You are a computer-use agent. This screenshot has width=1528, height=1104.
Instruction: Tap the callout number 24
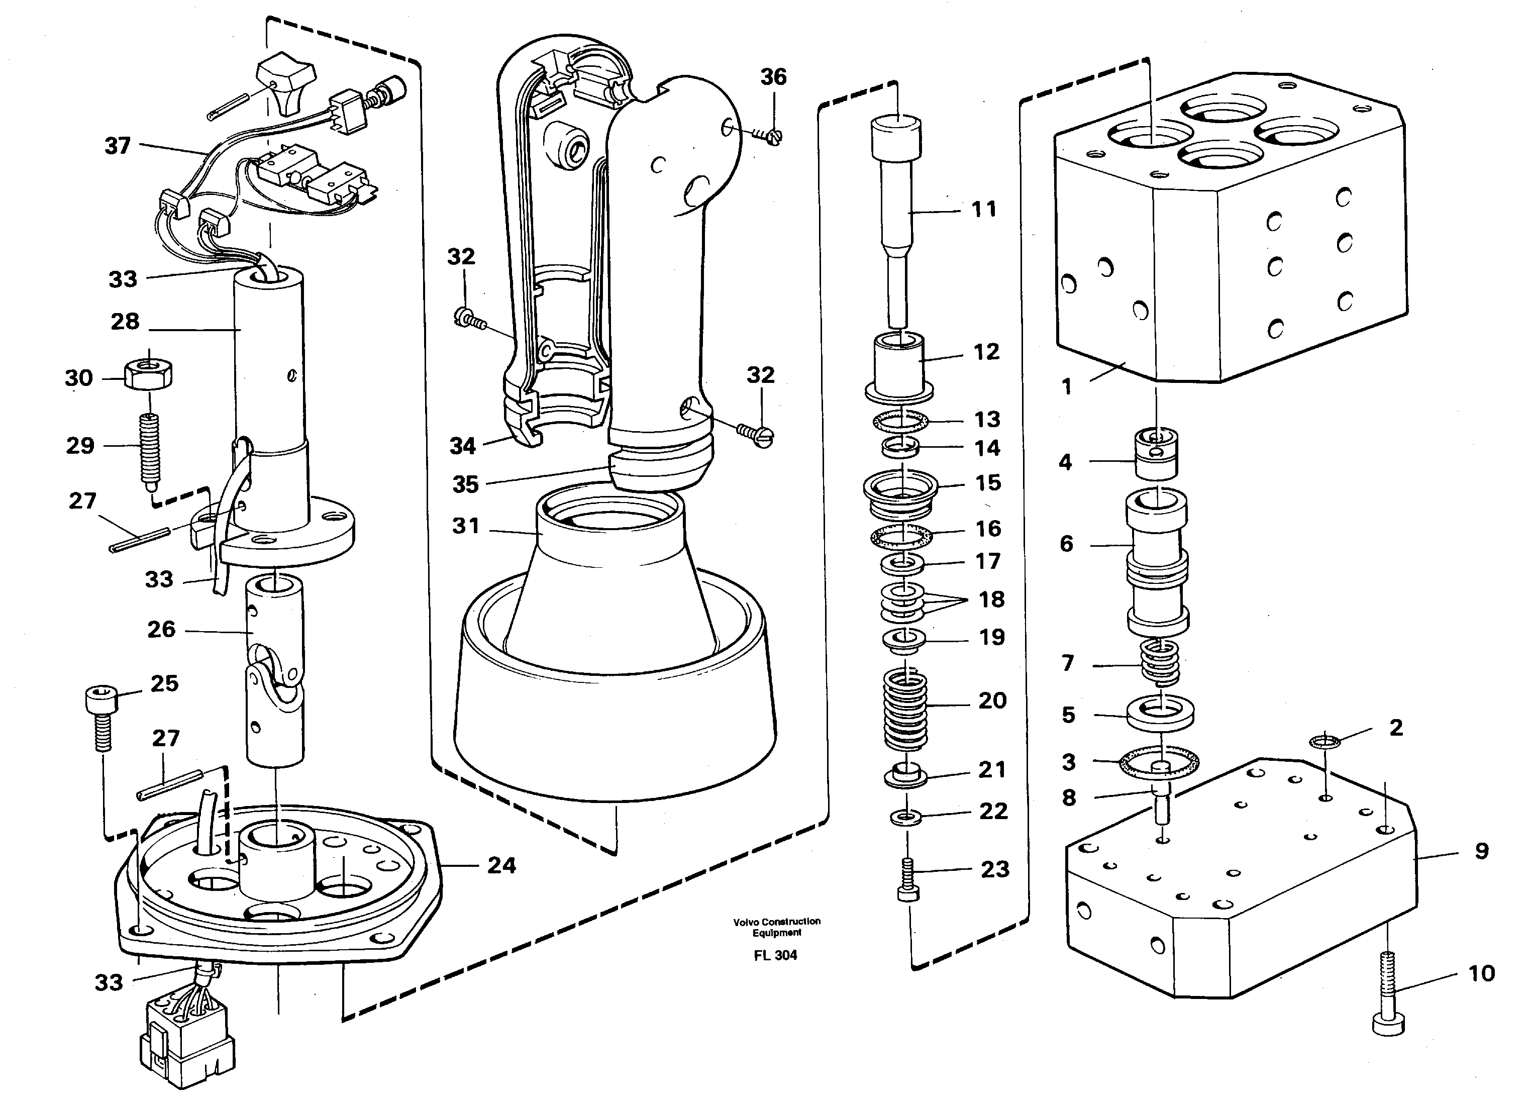tap(501, 865)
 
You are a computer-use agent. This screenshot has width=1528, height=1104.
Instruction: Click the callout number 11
tap(984, 210)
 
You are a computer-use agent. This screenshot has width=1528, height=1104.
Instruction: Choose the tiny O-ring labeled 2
tap(1325, 742)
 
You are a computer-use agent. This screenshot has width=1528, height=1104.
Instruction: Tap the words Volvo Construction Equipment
tap(777, 926)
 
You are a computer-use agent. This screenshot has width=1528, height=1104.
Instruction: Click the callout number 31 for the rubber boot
tap(466, 526)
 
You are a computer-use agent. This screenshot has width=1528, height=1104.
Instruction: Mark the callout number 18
tap(991, 599)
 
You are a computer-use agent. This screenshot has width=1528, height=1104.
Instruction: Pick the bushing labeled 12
tap(899, 368)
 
